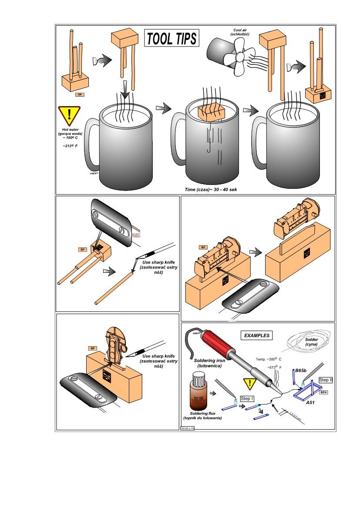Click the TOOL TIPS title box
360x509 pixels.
point(172,38)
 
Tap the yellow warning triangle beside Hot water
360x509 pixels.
point(69,115)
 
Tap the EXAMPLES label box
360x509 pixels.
point(256,335)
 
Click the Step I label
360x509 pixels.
point(247,398)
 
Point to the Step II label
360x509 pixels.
point(326,380)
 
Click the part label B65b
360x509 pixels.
point(301,370)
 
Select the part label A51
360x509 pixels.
point(310,403)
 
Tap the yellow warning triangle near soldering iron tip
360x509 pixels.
point(250,384)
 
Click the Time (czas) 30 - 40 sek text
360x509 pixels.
point(210,190)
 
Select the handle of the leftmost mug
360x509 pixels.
point(91,144)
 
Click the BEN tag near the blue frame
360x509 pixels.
point(323,392)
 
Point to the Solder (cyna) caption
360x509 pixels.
point(311,342)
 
